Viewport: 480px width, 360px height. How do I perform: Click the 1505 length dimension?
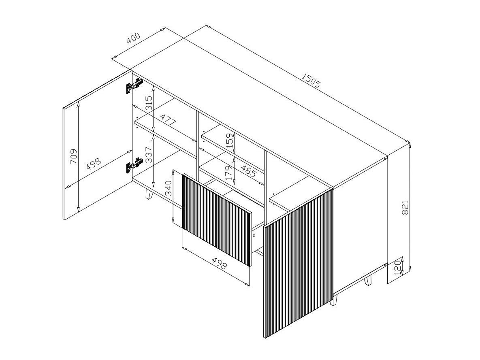(311, 80)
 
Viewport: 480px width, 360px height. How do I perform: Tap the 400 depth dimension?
(134, 38)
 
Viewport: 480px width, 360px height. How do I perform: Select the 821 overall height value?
(405, 208)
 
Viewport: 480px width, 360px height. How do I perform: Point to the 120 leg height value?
(397, 268)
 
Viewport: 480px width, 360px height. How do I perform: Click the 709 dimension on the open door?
(74, 157)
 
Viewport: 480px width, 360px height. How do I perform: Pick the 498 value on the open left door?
(94, 165)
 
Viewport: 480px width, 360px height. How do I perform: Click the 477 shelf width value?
(169, 120)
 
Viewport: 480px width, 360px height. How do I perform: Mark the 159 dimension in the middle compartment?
(230, 141)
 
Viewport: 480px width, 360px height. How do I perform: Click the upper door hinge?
(134, 85)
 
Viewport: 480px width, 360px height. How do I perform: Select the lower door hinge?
(134, 165)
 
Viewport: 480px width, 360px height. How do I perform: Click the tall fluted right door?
(299, 263)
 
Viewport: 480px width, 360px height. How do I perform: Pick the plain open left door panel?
(98, 145)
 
